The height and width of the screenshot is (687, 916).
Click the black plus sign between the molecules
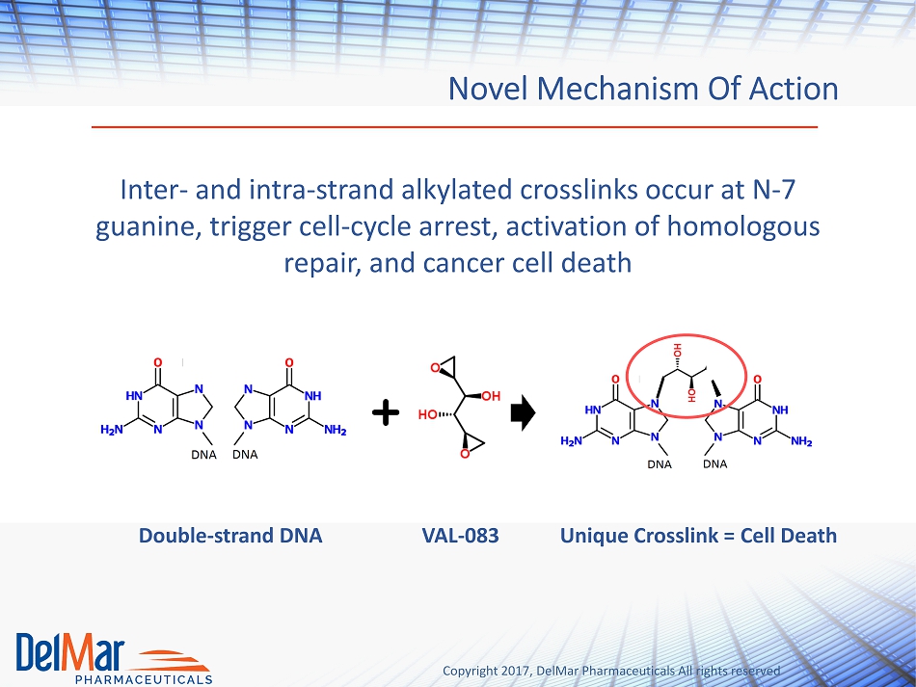pyautogui.click(x=386, y=412)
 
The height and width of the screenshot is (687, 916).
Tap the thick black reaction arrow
pyautogui.click(x=523, y=412)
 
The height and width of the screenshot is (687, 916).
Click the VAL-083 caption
pyautogui.click(x=460, y=536)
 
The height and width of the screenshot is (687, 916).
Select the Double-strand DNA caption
pyautogui.click(x=230, y=536)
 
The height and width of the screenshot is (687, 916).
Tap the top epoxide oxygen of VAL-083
pyautogui.click(x=435, y=368)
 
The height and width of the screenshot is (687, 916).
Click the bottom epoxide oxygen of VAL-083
pyautogui.click(x=465, y=454)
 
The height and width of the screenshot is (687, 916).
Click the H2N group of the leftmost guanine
pyautogui.click(x=112, y=430)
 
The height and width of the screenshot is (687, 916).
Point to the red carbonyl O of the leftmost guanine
pyautogui.click(x=157, y=362)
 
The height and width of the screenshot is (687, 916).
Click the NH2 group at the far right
pyautogui.click(x=801, y=441)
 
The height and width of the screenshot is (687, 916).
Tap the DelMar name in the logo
pyautogui.click(x=70, y=651)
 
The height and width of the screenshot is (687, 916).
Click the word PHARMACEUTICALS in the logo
pyautogui.click(x=144, y=679)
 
